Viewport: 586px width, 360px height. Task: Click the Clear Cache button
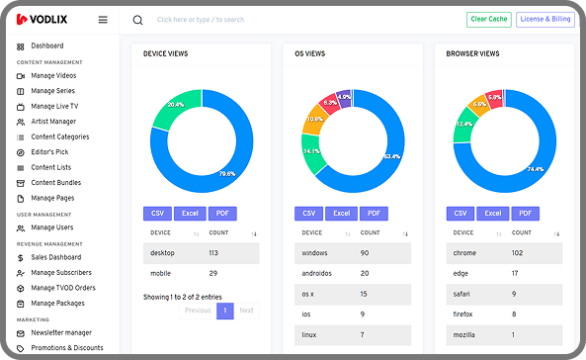[x=488, y=19]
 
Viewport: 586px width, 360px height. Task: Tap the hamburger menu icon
[x=104, y=19]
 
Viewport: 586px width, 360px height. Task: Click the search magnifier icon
[x=137, y=20]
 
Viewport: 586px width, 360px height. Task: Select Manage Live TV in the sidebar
[x=54, y=106]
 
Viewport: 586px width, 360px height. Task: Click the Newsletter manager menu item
[x=60, y=333]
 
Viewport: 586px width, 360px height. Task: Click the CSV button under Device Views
[x=157, y=213]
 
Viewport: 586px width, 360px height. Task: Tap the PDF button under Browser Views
[x=525, y=213]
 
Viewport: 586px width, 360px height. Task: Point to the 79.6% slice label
[x=226, y=174]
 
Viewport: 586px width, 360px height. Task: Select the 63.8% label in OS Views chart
[x=391, y=156]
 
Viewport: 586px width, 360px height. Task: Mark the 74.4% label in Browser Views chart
[x=536, y=168]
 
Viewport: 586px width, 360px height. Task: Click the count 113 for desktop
[x=213, y=252]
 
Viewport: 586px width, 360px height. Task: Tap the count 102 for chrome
[x=517, y=252]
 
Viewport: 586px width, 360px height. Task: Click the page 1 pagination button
[x=224, y=310]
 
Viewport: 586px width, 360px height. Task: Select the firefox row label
[x=462, y=314]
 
